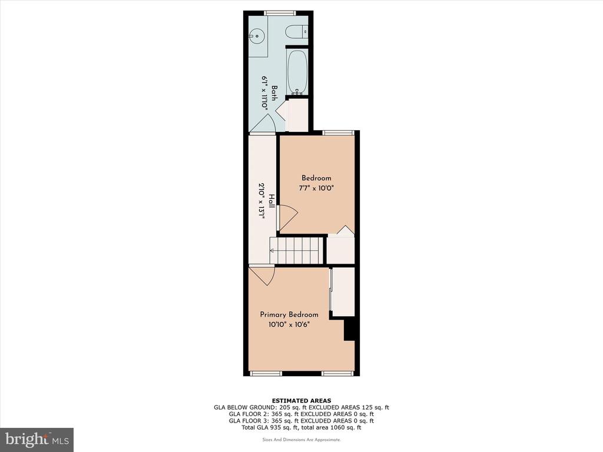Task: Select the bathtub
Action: coord(297,72)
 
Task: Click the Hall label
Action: coord(271,201)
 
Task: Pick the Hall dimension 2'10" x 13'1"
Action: coord(261,201)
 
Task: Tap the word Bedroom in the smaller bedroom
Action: coord(316,178)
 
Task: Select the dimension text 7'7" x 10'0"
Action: coord(316,188)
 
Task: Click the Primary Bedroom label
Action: coord(289,314)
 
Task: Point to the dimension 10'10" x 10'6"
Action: coord(289,325)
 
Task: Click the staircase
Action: coord(294,251)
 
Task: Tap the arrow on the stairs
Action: coord(294,251)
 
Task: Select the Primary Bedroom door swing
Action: coord(261,276)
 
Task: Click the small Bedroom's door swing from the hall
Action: coord(287,218)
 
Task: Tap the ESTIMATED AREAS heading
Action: coord(301,400)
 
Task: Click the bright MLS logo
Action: coord(37,438)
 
